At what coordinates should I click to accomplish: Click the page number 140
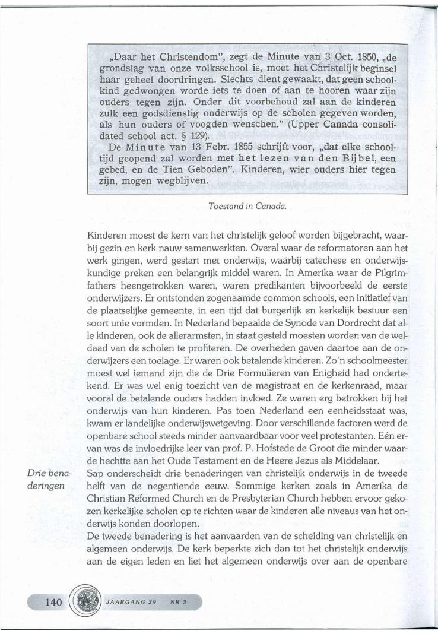(x=53, y=602)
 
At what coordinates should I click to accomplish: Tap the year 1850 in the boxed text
(x=329, y=59)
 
